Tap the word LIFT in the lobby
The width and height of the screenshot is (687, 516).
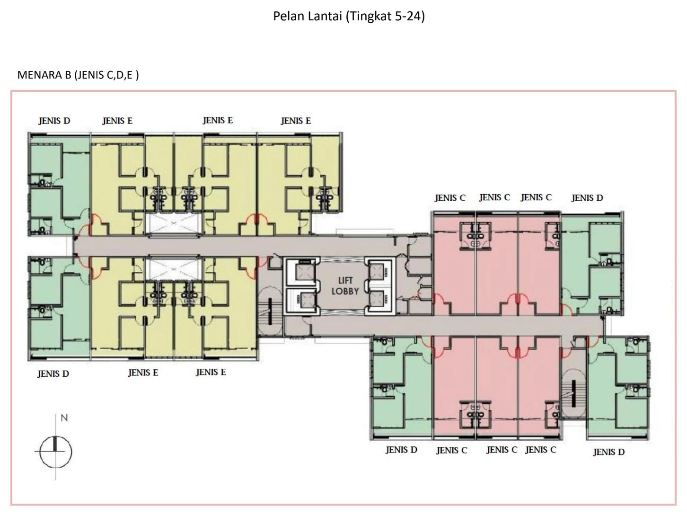coord(345,281)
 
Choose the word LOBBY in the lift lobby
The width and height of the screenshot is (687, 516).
coord(345,292)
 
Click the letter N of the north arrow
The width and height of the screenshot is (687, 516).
coord(64,418)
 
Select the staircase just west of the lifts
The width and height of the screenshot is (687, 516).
coord(270,311)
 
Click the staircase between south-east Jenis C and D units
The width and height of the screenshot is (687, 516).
coord(573,394)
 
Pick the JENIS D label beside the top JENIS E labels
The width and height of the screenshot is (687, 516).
coord(54,121)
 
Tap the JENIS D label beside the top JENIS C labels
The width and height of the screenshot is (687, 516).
coord(587,198)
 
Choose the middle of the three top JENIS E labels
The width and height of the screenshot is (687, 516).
coord(218,120)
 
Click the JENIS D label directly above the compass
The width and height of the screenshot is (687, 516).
coord(53,374)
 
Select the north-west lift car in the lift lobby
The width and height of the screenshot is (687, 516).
coord(305,272)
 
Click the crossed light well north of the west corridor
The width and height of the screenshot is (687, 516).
coord(173,223)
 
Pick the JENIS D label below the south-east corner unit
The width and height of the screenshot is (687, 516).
coord(609,452)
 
